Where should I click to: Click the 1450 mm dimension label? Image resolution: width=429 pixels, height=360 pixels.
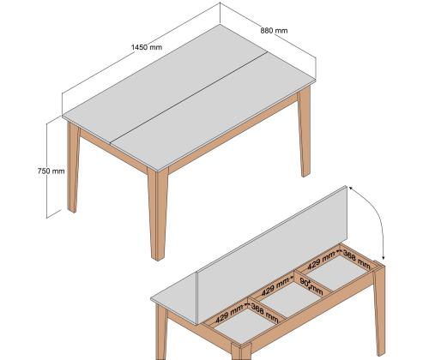click(x=147, y=47)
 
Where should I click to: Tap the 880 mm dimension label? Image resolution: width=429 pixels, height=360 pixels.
click(x=274, y=30)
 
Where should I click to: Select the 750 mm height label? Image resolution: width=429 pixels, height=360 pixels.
click(x=51, y=171)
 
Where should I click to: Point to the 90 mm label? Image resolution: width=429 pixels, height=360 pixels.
click(x=311, y=286)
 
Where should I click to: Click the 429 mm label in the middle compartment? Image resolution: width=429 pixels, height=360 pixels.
click(x=275, y=286)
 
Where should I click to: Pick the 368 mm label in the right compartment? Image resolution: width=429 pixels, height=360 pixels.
click(x=356, y=260)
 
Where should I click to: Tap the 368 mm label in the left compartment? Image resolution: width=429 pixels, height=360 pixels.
click(x=264, y=313)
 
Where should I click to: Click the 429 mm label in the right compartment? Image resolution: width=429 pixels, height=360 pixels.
click(x=321, y=260)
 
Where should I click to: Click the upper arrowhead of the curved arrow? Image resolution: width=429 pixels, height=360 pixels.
click(x=351, y=189)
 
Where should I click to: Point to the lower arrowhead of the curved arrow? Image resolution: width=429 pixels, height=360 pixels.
click(x=384, y=257)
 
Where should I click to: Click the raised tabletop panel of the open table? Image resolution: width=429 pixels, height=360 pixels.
click(x=273, y=255)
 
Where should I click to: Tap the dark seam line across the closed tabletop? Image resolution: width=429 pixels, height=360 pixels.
click(x=189, y=97)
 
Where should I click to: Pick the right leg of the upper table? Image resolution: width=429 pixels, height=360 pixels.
click(x=304, y=131)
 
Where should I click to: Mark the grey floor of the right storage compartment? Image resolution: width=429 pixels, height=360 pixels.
click(x=337, y=273)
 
